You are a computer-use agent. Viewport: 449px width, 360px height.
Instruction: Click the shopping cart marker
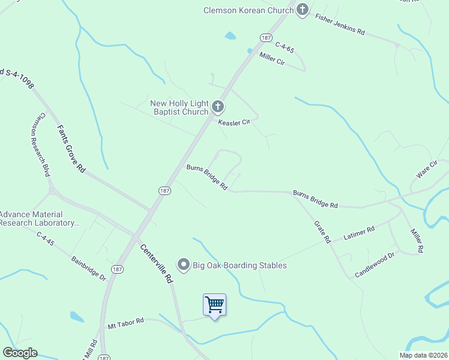[x=214, y=305]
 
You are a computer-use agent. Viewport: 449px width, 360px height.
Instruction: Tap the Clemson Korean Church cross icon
[x=303, y=10]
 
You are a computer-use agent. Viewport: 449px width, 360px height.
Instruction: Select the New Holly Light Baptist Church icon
[x=217, y=107]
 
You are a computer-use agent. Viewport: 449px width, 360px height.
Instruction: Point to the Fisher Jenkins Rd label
[x=340, y=24]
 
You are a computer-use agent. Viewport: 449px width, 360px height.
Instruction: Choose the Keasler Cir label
[x=234, y=122]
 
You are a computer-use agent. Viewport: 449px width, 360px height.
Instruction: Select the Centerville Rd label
[x=157, y=263]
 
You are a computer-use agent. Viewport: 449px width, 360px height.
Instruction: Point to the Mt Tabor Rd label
[x=126, y=323]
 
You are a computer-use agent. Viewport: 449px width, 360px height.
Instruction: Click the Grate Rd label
[x=322, y=232]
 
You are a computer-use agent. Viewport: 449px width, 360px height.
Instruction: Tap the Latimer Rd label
[x=359, y=233]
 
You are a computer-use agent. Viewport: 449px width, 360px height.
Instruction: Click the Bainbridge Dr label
[x=88, y=269]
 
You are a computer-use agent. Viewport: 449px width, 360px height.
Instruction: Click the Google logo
[x=20, y=353]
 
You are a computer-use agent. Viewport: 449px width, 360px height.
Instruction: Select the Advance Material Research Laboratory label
[x=40, y=218]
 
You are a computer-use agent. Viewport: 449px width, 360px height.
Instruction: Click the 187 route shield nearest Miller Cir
[x=267, y=37]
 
